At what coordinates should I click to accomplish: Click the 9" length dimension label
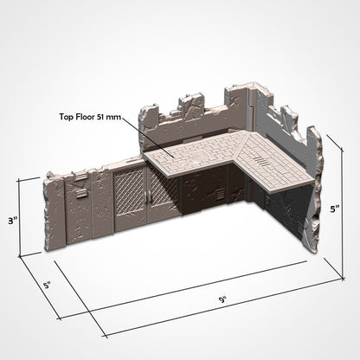[222, 300]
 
